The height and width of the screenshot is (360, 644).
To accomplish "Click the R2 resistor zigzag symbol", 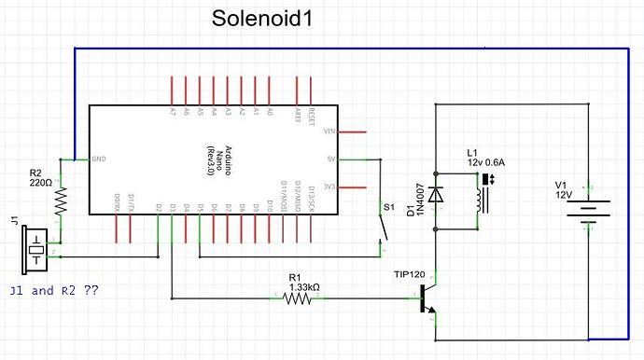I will point(62,200).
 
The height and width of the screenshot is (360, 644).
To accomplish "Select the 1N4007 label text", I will point(420,198).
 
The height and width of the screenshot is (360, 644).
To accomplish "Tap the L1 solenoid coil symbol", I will point(480,199).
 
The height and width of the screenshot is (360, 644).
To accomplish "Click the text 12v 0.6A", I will point(484,162).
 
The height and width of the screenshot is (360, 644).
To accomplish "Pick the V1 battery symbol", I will point(589,212).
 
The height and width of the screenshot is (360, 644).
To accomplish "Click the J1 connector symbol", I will point(36,242).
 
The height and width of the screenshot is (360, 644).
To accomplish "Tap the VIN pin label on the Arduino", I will point(329,132).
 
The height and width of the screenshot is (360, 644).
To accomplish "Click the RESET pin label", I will point(311,115).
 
